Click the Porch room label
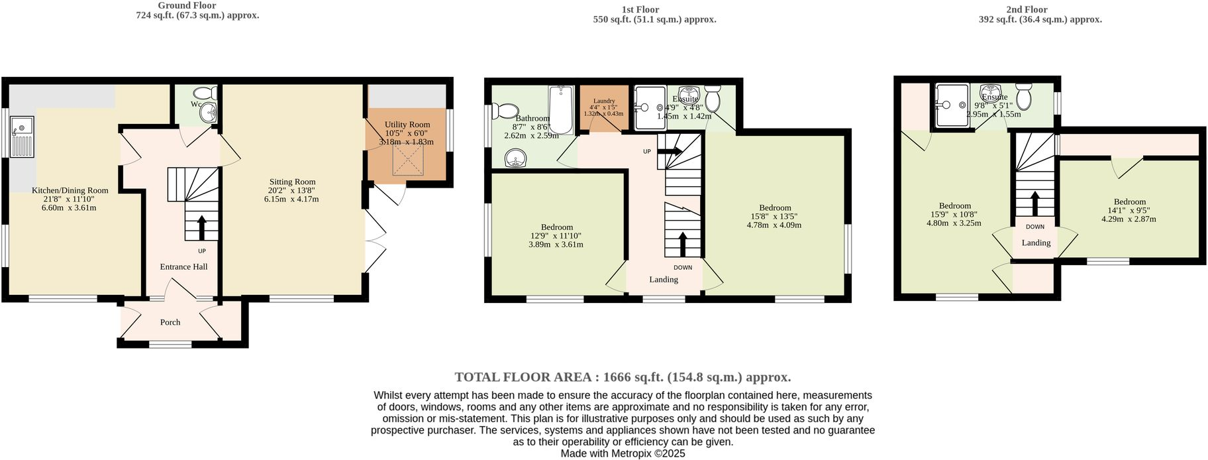170,322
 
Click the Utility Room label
407,125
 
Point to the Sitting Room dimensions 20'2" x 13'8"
292,190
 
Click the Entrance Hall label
183,266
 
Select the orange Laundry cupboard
603,108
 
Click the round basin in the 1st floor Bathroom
515,159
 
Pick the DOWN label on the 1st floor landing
683,268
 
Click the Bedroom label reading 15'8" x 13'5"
775,208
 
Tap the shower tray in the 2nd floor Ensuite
951,105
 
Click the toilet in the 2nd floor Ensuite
1023,97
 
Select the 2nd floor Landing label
1036,243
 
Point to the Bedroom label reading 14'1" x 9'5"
1129,202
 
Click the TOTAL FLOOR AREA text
623,377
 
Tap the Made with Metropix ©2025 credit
623,454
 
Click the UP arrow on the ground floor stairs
201,227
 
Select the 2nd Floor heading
1027,9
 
